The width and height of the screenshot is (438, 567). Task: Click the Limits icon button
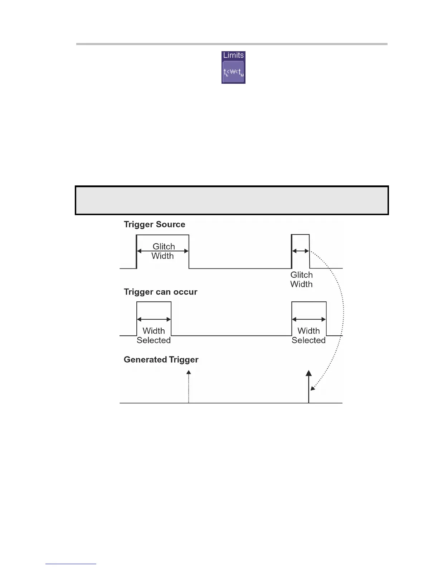click(233, 71)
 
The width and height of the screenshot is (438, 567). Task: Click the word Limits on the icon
click(233, 55)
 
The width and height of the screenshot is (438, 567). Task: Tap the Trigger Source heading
click(155, 224)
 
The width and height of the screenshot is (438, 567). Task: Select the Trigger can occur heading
click(161, 292)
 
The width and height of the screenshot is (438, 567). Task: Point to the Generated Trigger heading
click(161, 359)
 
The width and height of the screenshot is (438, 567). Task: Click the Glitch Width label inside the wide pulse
click(163, 251)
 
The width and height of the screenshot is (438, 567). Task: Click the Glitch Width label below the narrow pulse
click(301, 280)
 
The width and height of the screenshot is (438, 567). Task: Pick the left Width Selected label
click(154, 335)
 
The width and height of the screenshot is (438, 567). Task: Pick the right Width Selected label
click(308, 335)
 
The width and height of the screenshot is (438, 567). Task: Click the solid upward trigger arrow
click(308, 388)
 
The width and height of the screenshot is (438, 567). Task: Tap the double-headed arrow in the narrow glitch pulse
click(301, 251)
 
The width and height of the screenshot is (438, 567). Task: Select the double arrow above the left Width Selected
click(154, 319)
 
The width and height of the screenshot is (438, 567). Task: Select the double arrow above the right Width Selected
click(309, 319)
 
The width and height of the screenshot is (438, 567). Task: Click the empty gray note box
click(232, 200)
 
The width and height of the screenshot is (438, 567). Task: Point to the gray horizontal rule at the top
click(232, 44)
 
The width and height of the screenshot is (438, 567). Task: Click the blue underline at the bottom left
click(71, 564)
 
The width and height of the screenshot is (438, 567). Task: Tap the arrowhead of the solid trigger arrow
click(308, 373)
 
